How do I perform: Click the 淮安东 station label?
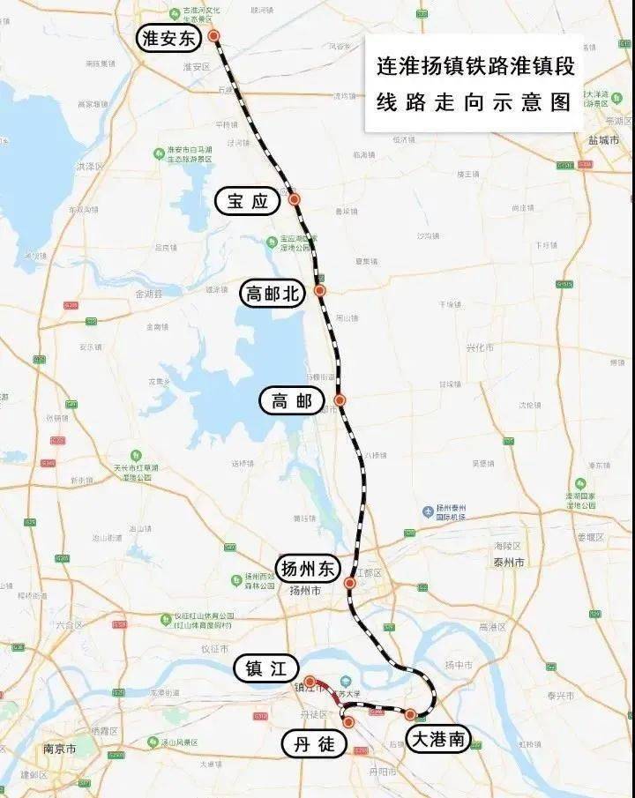(x=169, y=37)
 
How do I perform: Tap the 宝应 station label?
(x=247, y=201)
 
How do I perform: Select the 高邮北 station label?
(x=273, y=295)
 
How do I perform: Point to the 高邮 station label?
(x=292, y=401)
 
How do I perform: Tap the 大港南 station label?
(x=438, y=739)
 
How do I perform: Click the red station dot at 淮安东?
(x=213, y=36)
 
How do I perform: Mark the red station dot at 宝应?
(x=295, y=199)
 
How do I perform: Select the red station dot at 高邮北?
(x=320, y=289)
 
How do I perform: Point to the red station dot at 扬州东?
(x=350, y=583)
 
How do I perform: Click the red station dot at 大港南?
(x=410, y=713)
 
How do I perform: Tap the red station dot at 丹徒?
(x=348, y=722)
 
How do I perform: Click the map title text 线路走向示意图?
(x=474, y=102)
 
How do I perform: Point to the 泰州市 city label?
(x=509, y=563)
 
